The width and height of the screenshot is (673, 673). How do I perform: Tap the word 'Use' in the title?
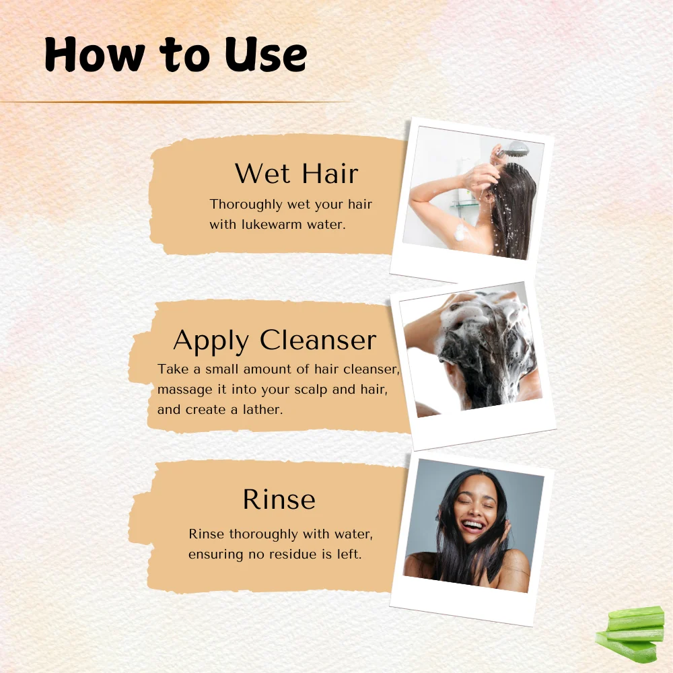[266, 54]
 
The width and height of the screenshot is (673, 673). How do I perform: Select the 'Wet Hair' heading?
[296, 174]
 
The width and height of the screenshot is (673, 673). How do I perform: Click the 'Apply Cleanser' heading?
[275, 341]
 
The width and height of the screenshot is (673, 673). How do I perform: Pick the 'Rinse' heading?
[279, 499]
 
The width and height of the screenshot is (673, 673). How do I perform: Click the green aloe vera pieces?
[629, 633]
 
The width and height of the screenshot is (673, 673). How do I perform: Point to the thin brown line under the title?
[176, 102]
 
